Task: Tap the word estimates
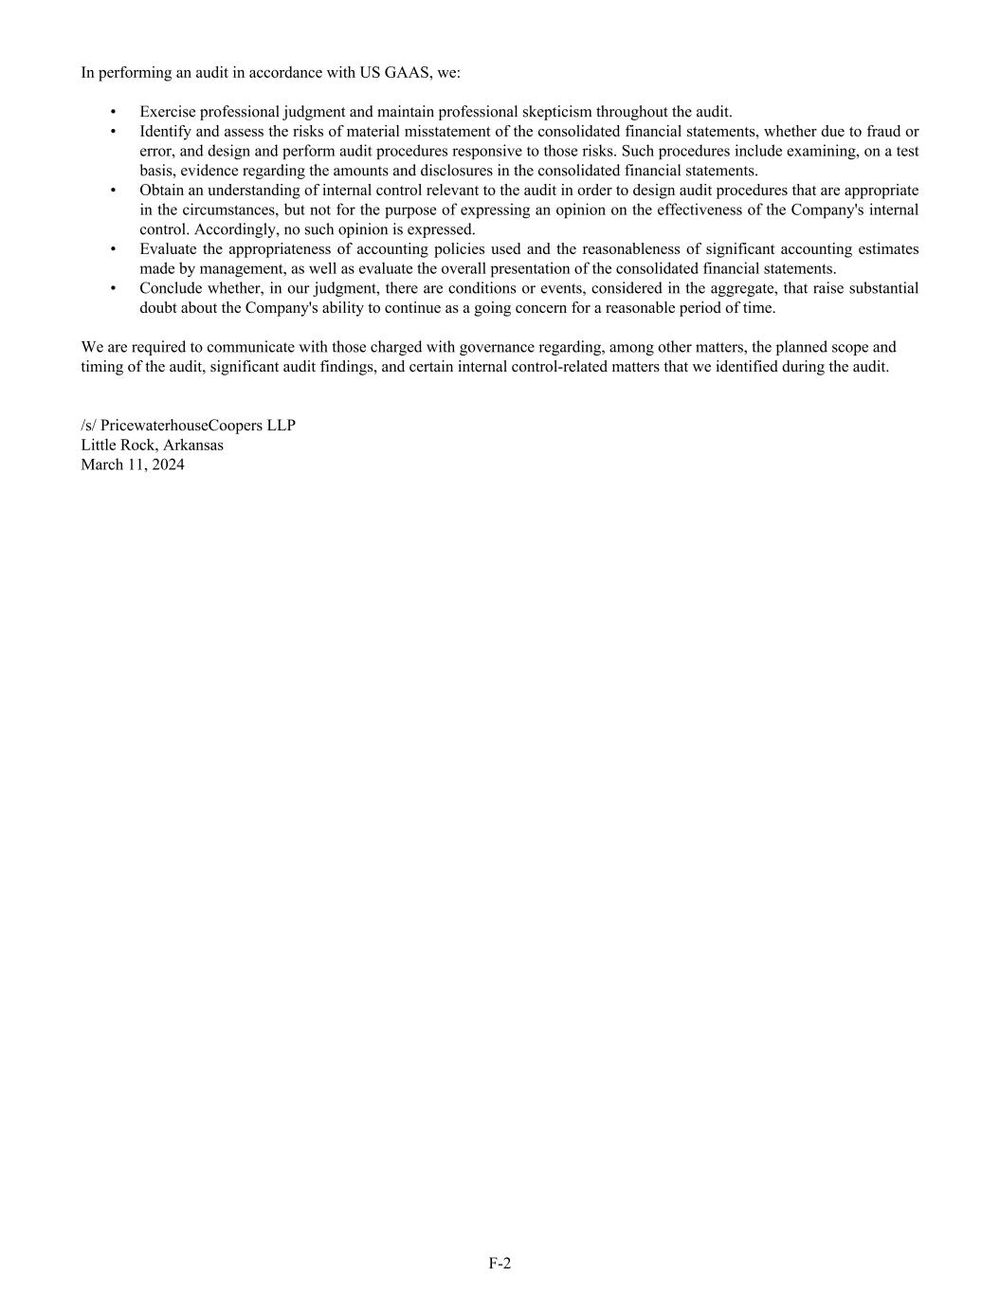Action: [x=888, y=249]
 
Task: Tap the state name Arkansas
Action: [x=193, y=445]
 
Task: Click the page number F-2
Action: [x=500, y=1263]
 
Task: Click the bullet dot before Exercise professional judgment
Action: [x=114, y=112]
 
